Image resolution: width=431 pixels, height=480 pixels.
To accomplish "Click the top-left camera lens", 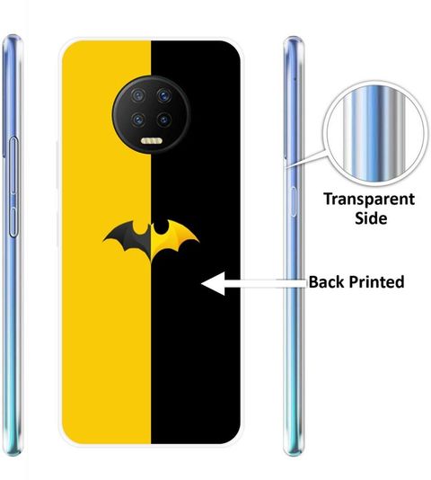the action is (x=138, y=95).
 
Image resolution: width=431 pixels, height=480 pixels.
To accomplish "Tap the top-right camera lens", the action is (x=164, y=95).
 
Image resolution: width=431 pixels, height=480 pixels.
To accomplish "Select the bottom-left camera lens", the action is (x=138, y=120).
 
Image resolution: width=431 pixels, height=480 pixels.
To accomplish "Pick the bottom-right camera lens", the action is (x=164, y=120).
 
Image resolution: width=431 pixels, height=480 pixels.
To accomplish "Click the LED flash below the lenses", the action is (x=152, y=141).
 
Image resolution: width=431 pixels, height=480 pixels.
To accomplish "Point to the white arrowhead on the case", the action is (x=214, y=283).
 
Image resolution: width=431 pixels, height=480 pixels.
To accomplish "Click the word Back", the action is (x=326, y=281).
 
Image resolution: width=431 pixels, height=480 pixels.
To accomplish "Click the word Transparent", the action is (x=369, y=200).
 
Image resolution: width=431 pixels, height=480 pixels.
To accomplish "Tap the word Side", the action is (x=371, y=218).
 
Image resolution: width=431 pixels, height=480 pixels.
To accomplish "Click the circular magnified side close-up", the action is (x=375, y=133).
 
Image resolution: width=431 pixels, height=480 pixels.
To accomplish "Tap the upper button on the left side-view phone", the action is (x=13, y=166).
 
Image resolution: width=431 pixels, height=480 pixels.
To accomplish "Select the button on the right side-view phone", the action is (x=294, y=201).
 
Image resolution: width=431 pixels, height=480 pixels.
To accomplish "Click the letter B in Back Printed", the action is (x=313, y=282).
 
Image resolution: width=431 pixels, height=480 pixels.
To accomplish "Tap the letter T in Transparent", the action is (x=329, y=199).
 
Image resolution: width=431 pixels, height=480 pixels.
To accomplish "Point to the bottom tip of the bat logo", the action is (x=151, y=262).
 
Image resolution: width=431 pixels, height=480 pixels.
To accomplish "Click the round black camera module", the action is (x=152, y=115).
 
